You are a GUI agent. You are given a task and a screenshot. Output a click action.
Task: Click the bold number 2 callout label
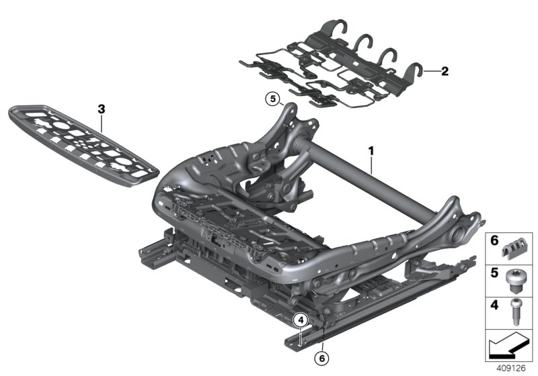tap(444, 70)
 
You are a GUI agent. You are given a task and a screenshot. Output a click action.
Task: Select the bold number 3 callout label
tap(101, 107)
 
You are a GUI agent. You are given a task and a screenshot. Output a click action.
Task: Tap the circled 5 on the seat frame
tap(272, 99)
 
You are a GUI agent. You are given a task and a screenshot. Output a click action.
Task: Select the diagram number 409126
tap(510, 367)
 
